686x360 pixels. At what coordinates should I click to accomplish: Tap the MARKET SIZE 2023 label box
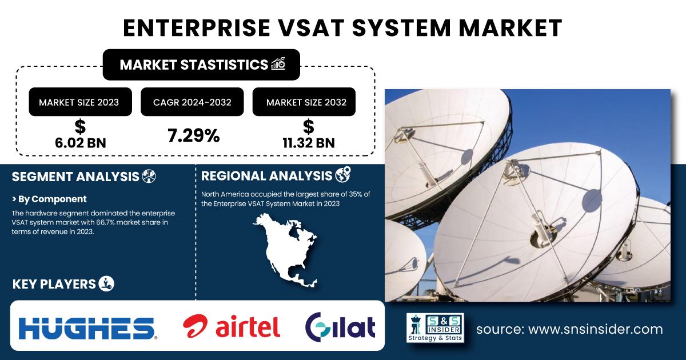80,102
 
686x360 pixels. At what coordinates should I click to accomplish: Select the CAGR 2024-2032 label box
192,102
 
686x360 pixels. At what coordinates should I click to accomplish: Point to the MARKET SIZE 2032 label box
304,102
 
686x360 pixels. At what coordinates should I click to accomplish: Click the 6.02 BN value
81,143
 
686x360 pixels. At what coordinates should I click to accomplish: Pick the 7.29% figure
194,135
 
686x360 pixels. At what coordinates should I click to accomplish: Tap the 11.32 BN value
308,143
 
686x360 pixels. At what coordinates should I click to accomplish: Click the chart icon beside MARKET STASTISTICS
278,63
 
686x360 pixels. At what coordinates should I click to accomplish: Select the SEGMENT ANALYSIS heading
75,177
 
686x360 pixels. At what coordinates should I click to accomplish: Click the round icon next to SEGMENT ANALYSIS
149,176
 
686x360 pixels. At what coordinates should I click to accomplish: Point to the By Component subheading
49,199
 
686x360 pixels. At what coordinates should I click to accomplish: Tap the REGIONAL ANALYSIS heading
266,176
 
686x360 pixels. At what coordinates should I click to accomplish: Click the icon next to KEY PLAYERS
106,283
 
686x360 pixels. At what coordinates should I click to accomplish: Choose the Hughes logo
88,328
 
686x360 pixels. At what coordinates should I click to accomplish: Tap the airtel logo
232,326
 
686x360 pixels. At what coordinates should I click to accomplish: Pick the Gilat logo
340,327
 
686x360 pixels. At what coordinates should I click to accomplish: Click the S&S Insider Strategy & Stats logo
435,327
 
